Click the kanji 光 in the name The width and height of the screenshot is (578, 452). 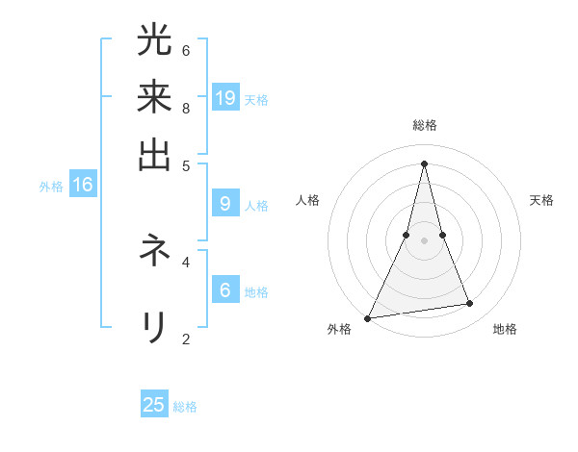pyautogui.click(x=154, y=40)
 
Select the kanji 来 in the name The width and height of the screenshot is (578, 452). pyautogui.click(x=154, y=97)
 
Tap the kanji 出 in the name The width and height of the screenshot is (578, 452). pyautogui.click(x=154, y=154)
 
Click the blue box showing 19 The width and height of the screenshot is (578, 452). pyautogui.click(x=225, y=97)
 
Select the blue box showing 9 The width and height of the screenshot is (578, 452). pyautogui.click(x=225, y=203)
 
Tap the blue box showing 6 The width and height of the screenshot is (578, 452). pyautogui.click(x=225, y=289)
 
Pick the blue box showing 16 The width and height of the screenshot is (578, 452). pyautogui.click(x=83, y=184)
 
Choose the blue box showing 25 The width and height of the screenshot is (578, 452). pyautogui.click(x=154, y=405)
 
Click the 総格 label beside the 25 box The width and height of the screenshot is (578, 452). pyautogui.click(x=185, y=407)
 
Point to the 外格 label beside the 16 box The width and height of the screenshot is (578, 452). pyautogui.click(x=51, y=186)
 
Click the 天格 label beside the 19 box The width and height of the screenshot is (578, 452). pyautogui.click(x=256, y=99)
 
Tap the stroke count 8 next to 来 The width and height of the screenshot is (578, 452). pyautogui.click(x=186, y=107)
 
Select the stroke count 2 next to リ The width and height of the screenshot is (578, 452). pyautogui.click(x=186, y=338)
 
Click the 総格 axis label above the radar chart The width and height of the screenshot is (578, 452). pyautogui.click(x=425, y=125)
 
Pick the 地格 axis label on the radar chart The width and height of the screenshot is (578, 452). pyautogui.click(x=505, y=330)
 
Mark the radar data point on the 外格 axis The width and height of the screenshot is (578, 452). pyautogui.click(x=368, y=318)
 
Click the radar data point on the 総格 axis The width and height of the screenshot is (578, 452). pyautogui.click(x=425, y=163)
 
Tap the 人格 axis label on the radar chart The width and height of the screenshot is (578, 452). pyautogui.click(x=308, y=200)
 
